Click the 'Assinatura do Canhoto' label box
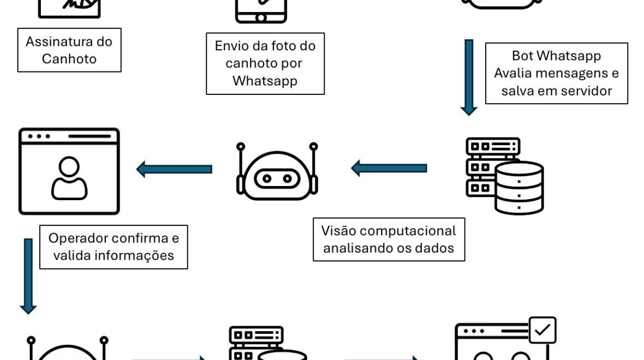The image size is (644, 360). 69,50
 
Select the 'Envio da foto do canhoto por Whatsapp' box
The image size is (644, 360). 265,63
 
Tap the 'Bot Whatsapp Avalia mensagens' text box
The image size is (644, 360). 556,73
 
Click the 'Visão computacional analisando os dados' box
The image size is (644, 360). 389,239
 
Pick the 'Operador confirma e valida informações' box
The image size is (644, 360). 114,247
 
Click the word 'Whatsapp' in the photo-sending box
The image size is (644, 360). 265,81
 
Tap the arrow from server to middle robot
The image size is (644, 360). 389,168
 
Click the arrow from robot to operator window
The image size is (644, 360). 174,169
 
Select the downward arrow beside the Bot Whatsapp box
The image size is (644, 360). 469,77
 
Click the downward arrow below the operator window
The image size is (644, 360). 28,276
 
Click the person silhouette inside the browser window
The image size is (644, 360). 69,178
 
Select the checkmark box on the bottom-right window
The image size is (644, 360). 542,330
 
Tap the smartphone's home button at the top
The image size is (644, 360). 261,17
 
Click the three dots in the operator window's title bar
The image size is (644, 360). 39,136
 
